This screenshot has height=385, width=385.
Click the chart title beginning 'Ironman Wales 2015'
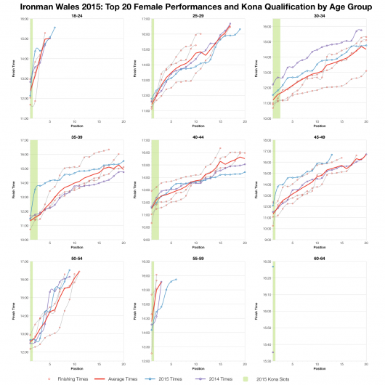coord(192,6)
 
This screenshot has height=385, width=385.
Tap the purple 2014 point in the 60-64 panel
coord(272,352)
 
